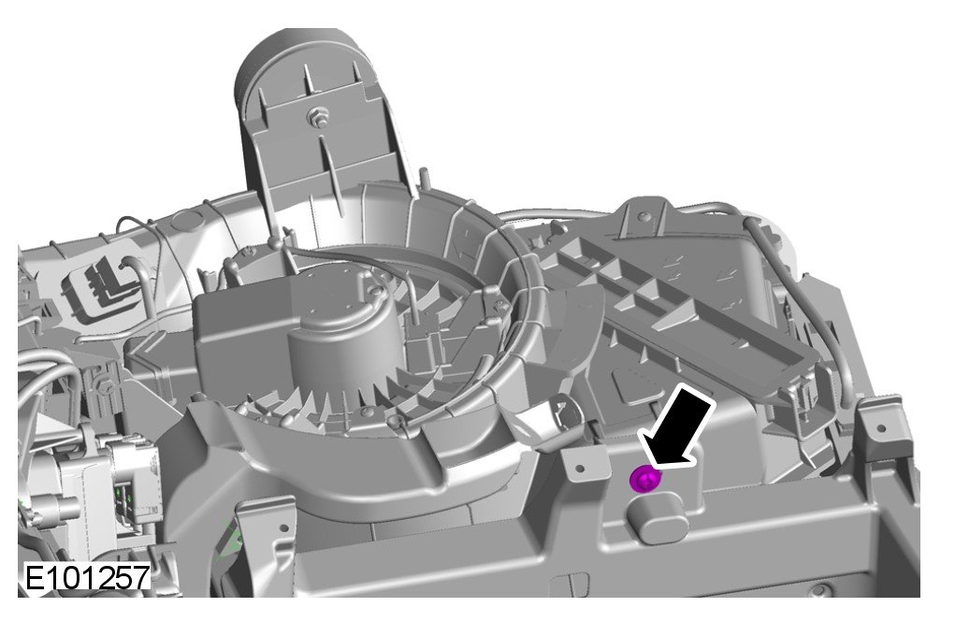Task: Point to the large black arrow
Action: tap(678, 427)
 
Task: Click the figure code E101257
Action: tap(86, 577)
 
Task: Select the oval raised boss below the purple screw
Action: tap(657, 516)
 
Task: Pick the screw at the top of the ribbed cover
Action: tap(645, 217)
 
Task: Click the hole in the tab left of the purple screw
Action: tap(579, 469)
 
